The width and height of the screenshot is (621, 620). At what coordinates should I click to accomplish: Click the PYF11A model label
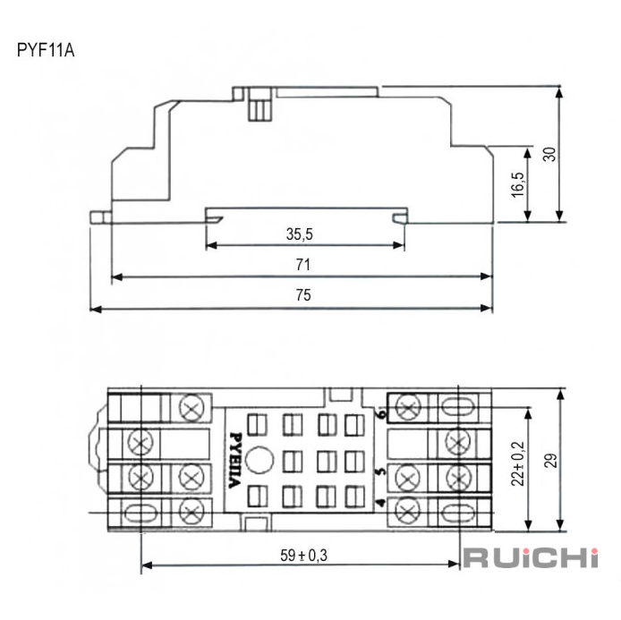46,50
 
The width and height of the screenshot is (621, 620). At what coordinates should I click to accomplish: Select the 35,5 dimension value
300,234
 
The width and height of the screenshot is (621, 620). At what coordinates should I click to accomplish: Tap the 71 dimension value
303,265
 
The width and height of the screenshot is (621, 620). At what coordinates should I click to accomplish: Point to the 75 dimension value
303,295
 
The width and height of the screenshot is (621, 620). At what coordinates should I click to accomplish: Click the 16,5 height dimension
517,184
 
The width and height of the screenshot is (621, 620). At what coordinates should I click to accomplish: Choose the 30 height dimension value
549,154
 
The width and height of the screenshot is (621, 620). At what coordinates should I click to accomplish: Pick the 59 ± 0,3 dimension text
303,555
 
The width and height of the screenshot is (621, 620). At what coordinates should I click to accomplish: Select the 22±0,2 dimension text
517,463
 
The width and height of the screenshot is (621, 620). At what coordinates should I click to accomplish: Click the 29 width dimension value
550,461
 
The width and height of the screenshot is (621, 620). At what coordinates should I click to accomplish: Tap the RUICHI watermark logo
531,558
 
